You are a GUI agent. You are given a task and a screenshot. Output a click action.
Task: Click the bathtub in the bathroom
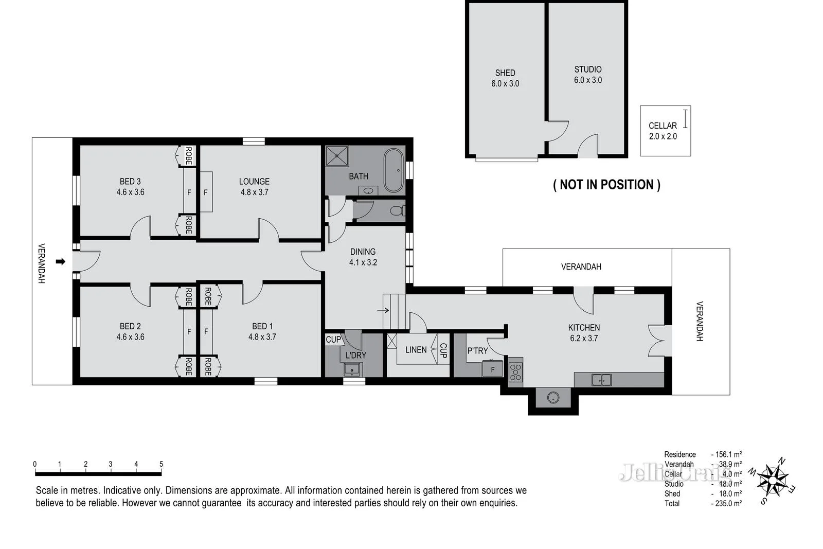click(x=393, y=170)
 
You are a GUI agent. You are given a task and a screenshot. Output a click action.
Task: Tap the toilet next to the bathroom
click(x=398, y=210)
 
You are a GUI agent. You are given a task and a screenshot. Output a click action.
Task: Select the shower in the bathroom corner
click(x=337, y=156)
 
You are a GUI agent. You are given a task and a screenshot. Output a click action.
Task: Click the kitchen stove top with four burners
click(x=515, y=372)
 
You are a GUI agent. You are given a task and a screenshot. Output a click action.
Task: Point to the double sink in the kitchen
click(x=601, y=380)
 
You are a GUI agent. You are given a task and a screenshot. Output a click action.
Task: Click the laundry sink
click(x=352, y=369)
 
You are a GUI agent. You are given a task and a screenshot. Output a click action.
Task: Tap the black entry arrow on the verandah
click(x=61, y=261)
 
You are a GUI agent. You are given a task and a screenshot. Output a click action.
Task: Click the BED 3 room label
click(x=130, y=181)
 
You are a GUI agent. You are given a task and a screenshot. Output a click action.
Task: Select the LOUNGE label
click(x=254, y=181)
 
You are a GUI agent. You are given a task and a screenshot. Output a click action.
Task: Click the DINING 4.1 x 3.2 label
click(x=363, y=257)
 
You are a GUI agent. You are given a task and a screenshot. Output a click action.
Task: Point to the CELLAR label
click(x=663, y=126)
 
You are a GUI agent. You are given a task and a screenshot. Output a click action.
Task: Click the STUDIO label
click(x=588, y=69)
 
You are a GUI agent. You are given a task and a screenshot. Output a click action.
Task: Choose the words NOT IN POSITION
click(x=606, y=185)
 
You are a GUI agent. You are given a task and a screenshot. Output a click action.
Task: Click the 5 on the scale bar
click(x=161, y=464)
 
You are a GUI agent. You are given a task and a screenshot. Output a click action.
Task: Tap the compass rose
click(x=773, y=481)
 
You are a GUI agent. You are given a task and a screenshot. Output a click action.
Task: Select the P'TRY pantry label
click(x=477, y=351)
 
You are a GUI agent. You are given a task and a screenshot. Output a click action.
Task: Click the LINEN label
click(x=416, y=349)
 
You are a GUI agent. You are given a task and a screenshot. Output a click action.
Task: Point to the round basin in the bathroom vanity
click(x=368, y=191)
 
